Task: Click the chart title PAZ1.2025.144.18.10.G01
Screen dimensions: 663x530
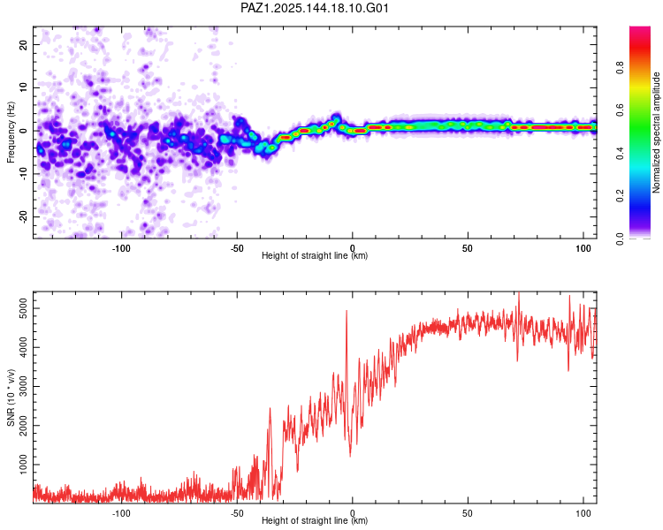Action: click(314, 8)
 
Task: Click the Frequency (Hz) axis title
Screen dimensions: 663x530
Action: click(11, 132)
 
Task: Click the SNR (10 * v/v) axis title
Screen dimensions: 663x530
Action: click(11, 397)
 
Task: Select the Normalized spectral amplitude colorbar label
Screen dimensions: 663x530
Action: click(656, 132)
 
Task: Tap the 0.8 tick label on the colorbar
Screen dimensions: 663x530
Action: click(620, 68)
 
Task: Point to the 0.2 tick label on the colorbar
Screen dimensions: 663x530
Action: click(620, 196)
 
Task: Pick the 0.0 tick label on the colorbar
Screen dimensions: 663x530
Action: click(620, 238)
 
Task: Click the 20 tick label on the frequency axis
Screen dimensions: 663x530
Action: click(23, 44)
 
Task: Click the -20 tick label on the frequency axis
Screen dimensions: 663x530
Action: click(23, 216)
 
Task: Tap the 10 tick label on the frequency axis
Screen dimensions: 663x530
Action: click(23, 87)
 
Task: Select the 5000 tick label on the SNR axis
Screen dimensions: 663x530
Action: click(23, 308)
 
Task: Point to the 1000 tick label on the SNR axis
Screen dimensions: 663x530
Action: click(23, 465)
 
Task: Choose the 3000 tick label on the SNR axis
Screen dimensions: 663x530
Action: click(23, 386)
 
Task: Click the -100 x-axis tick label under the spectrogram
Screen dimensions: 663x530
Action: click(121, 248)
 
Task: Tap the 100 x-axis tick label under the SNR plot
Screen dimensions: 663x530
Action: click(583, 513)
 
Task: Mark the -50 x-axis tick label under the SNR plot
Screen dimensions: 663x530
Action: click(237, 513)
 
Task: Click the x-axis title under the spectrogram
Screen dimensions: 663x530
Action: click(315, 255)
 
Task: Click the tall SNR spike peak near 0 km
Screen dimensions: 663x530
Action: click(347, 311)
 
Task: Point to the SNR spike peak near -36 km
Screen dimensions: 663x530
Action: click(270, 408)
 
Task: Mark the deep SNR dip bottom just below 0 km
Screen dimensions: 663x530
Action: click(350, 456)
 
